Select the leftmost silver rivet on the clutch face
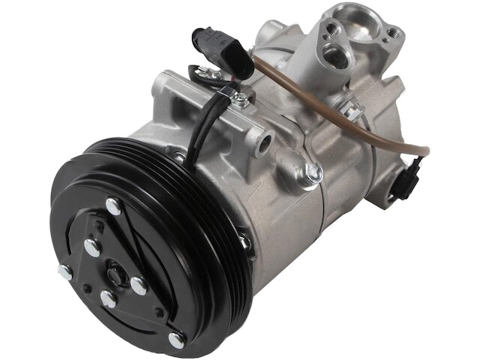(x=65, y=272)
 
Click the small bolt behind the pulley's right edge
(x=244, y=241)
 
